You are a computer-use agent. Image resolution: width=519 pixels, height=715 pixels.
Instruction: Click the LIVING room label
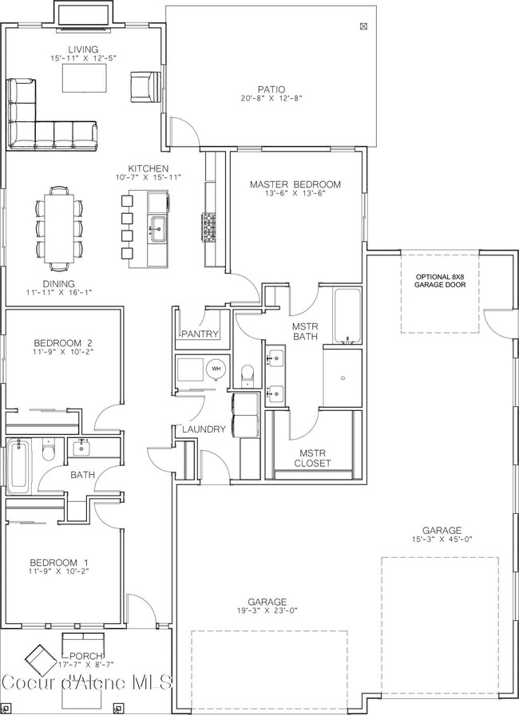pos(83,49)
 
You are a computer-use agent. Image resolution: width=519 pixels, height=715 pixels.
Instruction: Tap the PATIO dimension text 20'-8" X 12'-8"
pos(271,98)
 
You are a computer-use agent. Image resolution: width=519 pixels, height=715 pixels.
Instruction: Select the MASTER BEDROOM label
pos(295,184)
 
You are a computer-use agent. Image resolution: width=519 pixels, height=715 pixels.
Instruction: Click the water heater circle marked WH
pos(216,369)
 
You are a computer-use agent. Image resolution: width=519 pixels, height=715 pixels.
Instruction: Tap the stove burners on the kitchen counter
pos(209,227)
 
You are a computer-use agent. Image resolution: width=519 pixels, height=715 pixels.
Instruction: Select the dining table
pos(59,228)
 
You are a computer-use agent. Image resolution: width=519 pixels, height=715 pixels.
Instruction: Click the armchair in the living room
pos(145,87)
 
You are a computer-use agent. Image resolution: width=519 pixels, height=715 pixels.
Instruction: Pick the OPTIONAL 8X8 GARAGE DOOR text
pos(441,281)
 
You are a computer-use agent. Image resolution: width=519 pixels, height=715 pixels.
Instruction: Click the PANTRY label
pos(200,334)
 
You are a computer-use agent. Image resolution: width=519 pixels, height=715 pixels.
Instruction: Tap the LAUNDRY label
pos(204,429)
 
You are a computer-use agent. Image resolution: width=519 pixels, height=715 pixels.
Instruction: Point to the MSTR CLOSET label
pos(312,458)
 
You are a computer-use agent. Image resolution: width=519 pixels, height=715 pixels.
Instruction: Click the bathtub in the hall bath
pos(18,467)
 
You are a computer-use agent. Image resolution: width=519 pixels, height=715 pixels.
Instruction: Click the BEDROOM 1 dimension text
pos(59,571)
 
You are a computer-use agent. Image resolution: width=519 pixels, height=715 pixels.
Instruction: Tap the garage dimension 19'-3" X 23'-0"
pos(267,611)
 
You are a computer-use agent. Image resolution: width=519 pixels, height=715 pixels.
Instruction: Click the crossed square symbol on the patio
pos(363,26)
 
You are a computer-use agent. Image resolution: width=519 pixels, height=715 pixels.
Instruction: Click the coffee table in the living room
pos(85,78)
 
